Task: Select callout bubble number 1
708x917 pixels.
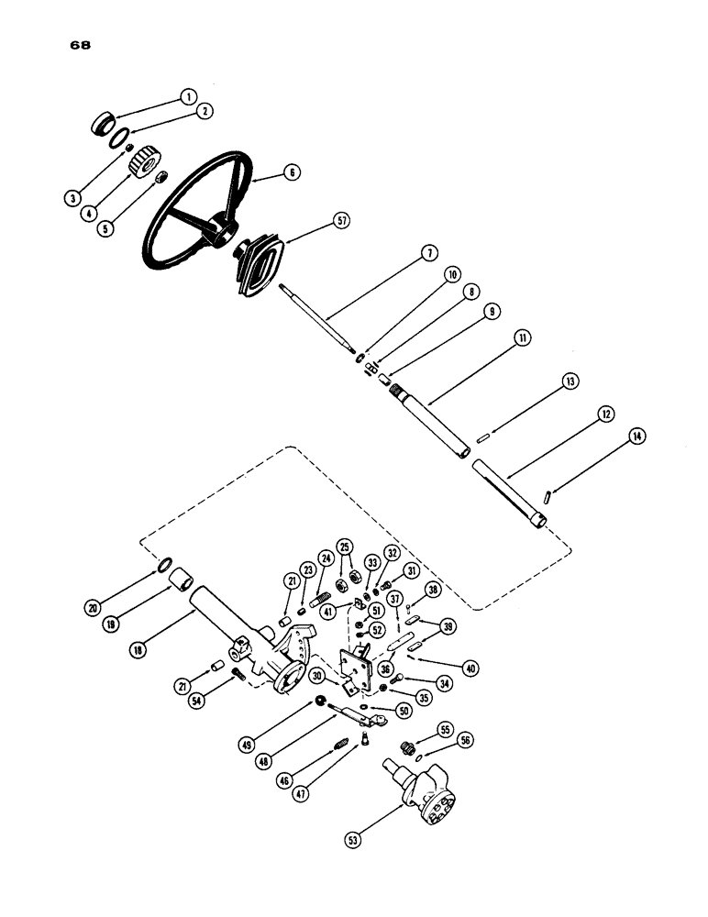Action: click(x=188, y=96)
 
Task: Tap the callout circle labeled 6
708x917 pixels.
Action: click(x=292, y=172)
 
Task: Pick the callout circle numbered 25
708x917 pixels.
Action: click(x=345, y=547)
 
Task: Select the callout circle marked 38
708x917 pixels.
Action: click(x=432, y=590)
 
